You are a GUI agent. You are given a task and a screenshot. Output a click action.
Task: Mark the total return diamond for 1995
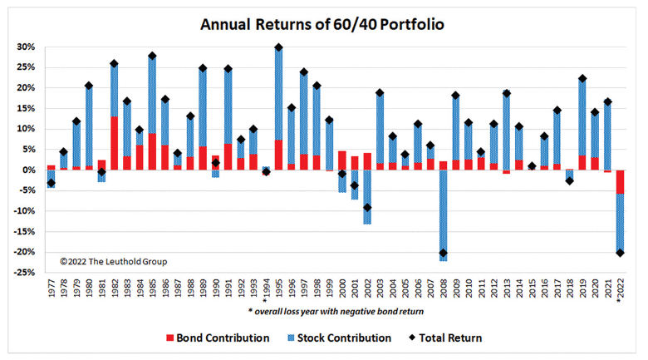(278, 47)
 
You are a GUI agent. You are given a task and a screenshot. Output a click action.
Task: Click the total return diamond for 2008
(443, 253)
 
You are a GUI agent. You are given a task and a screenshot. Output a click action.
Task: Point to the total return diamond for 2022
(620, 253)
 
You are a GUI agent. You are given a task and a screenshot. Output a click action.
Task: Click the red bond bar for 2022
(620, 182)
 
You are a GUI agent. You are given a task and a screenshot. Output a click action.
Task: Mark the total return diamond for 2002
(367, 207)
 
